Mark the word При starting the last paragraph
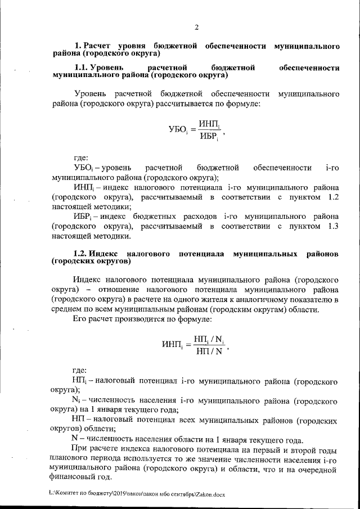point(82,447)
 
